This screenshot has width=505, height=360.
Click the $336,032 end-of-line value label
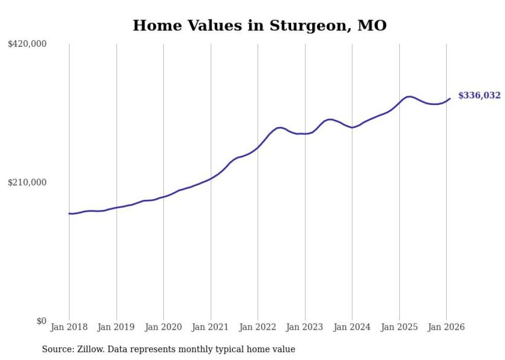coord(479,95)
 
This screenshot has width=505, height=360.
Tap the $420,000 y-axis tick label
coord(27,44)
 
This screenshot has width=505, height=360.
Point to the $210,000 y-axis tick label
coord(27,182)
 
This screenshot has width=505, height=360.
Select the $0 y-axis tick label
coord(41,321)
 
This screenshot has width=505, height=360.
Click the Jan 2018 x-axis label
coord(69,328)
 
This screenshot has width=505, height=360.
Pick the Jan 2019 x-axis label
coord(116,328)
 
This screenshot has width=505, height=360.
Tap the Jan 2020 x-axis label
coord(163,328)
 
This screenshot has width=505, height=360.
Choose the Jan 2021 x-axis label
coord(211,328)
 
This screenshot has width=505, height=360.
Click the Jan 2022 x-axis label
coord(258,328)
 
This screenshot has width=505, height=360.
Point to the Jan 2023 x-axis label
coord(305,328)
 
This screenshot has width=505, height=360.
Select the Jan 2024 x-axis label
coord(352,328)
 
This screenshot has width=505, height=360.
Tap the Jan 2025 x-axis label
coord(399,328)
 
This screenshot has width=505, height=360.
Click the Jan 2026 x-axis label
coord(446,328)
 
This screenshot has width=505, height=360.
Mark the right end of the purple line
coord(450,98)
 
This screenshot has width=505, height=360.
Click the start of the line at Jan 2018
coord(70,213)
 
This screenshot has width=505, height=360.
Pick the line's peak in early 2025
coord(409,96)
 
